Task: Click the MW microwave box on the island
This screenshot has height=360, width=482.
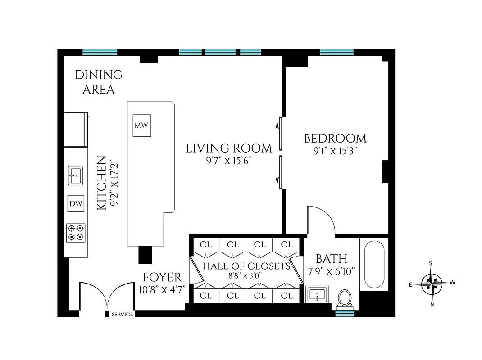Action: tap(141, 125)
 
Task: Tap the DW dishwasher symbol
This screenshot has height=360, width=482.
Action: tap(76, 204)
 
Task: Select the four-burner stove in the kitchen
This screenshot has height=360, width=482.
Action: tap(76, 232)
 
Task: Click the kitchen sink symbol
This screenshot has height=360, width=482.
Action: tap(76, 175)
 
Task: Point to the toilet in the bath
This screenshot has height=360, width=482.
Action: tap(345, 297)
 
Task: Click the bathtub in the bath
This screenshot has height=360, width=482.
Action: tap(374, 265)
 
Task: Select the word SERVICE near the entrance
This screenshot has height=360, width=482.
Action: tap(122, 315)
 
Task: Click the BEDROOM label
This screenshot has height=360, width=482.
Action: tap(335, 139)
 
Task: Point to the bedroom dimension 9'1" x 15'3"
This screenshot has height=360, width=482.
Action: tap(335, 151)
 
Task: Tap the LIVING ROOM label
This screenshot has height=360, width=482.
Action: tap(229, 148)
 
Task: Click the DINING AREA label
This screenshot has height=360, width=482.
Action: tap(98, 82)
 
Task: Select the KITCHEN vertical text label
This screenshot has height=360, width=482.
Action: tap(102, 183)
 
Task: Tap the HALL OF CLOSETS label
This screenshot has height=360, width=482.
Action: tap(246, 266)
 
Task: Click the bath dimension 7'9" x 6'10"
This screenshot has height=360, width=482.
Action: tap(331, 271)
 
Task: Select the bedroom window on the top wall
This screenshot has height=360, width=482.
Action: tap(336, 52)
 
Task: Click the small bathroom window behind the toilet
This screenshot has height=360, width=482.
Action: tap(345, 313)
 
